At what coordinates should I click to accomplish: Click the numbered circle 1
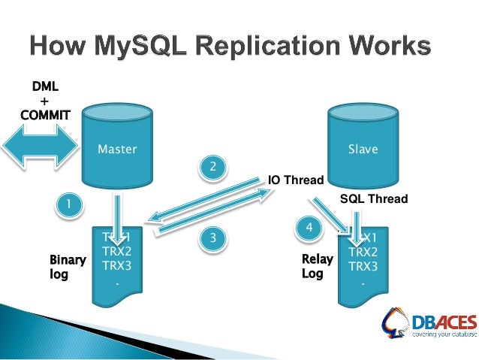tap(70, 204)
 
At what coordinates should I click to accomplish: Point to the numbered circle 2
tap(212, 166)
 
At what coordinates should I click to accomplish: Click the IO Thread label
tap(296, 180)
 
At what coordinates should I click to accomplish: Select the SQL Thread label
tap(373, 199)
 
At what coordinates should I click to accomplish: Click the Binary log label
tap(67, 267)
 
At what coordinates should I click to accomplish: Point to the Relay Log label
tap(312, 267)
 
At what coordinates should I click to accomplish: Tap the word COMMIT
tap(45, 115)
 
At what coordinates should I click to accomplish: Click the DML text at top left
tap(44, 87)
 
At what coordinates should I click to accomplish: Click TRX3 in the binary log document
tap(117, 265)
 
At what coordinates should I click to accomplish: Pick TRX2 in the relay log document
tap(363, 253)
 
